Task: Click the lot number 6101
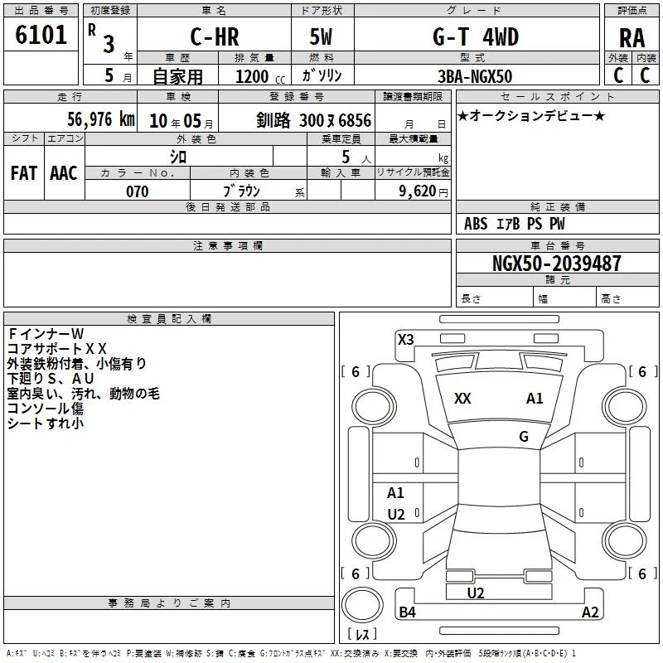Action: click(x=41, y=35)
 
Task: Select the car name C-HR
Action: click(x=215, y=36)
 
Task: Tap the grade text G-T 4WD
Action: click(x=476, y=36)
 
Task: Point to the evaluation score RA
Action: click(x=632, y=38)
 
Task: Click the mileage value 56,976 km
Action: click(x=101, y=119)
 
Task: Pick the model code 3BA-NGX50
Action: click(x=475, y=76)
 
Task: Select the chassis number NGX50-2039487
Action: click(x=556, y=264)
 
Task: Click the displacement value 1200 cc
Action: click(x=260, y=76)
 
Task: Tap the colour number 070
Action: click(x=138, y=191)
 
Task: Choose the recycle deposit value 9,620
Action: click(x=418, y=191)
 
